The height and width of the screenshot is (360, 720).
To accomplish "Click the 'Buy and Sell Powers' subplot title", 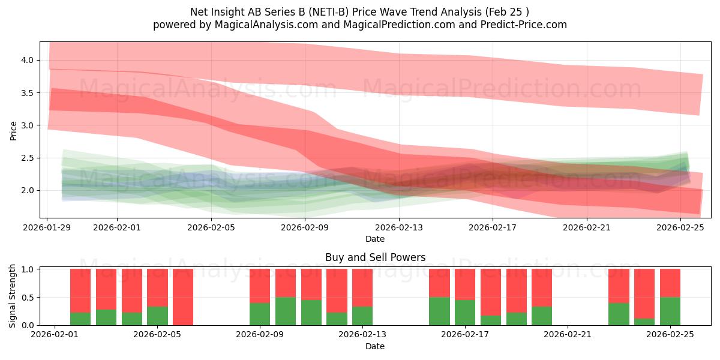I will pyautogui.click(x=375, y=257).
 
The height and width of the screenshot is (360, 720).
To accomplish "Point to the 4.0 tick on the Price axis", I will pyautogui.click(x=28, y=60).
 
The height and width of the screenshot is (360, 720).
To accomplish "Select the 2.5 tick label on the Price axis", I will pyautogui.click(x=28, y=158).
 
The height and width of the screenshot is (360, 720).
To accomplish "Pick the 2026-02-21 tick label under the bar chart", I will pyautogui.click(x=568, y=334).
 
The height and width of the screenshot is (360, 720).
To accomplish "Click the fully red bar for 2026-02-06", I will pyautogui.click(x=183, y=297).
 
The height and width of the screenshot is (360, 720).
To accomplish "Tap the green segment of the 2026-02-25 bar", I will pyautogui.click(x=670, y=311).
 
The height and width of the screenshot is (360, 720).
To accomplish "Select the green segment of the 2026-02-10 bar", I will pyautogui.click(x=286, y=311).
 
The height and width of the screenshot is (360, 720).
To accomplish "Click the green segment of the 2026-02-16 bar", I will pyautogui.click(x=439, y=311).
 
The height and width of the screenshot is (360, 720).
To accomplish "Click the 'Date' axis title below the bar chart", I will pyautogui.click(x=375, y=346).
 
